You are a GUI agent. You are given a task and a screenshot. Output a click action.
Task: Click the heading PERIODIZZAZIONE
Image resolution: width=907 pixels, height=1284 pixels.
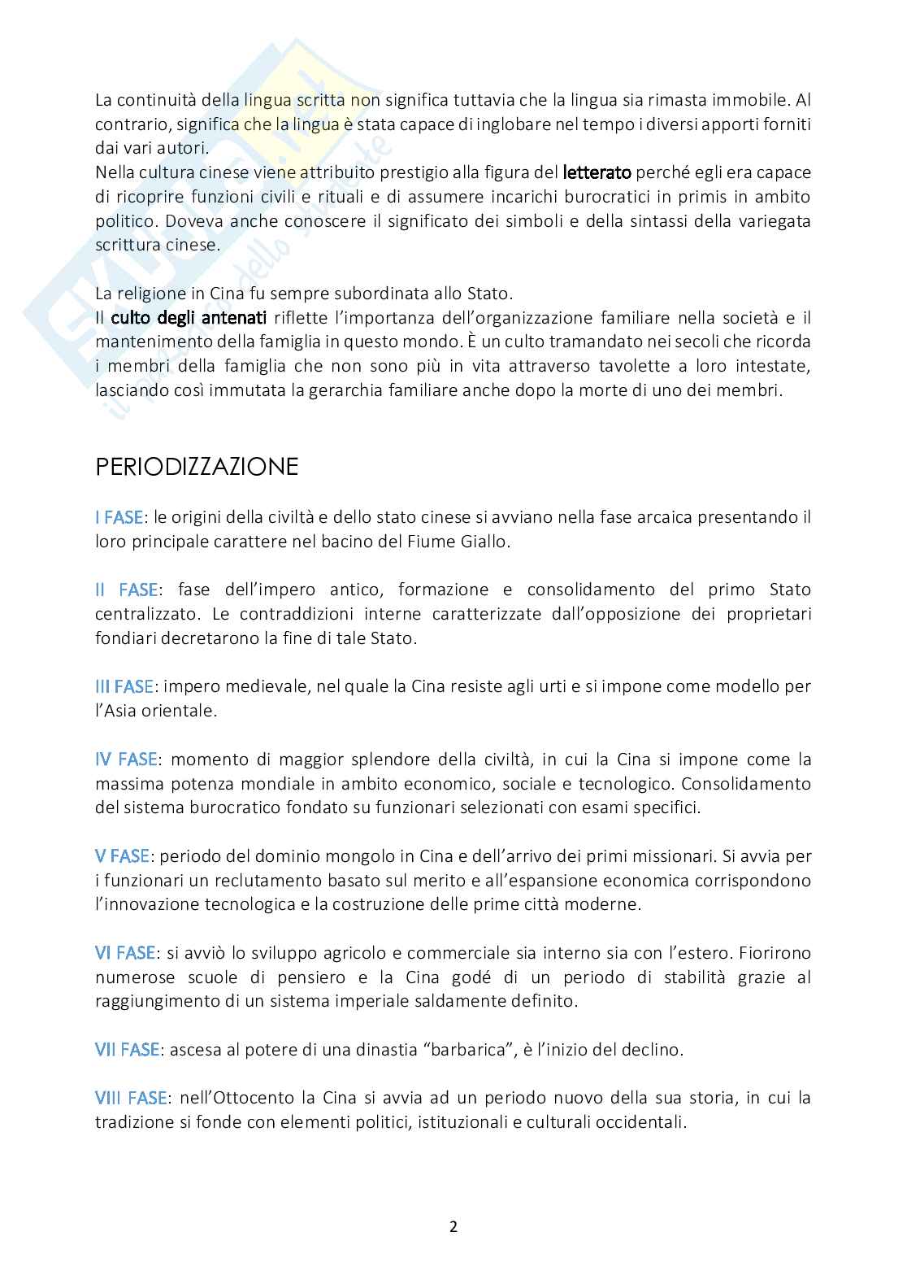[197, 467]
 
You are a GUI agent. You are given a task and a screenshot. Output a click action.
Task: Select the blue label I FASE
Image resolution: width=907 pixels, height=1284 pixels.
[119, 517]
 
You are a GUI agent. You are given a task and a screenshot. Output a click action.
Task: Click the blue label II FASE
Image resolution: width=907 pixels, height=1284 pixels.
[126, 590]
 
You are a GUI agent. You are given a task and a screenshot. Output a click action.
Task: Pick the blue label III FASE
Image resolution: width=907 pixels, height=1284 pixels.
[124, 686]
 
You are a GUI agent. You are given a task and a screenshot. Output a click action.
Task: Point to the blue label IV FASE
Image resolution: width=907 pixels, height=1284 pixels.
[126, 760]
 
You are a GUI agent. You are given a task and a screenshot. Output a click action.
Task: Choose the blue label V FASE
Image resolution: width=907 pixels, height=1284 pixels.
[122, 856]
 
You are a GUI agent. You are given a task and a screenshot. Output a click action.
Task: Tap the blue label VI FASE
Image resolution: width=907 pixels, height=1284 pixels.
[124, 953]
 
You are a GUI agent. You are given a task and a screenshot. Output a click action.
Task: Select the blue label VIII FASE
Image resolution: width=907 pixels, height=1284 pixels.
[131, 1099]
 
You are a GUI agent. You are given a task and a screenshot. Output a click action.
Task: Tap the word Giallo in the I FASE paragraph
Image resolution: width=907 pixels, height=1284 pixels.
[483, 542]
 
